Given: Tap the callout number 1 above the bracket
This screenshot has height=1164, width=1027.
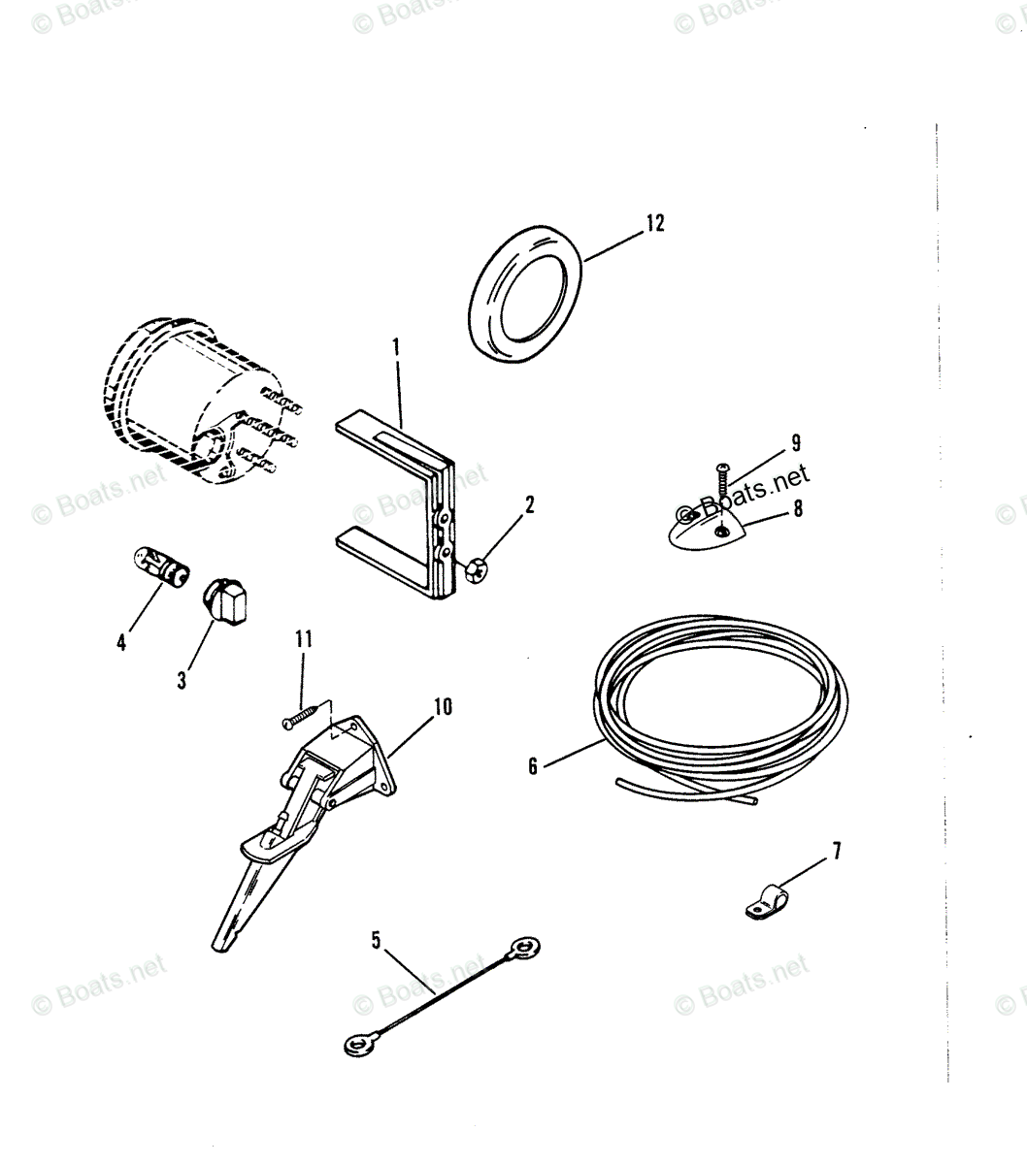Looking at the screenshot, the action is click(x=396, y=345).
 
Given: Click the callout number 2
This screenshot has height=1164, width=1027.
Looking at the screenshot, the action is click(x=529, y=504).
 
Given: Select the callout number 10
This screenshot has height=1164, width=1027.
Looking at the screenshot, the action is click(x=442, y=707).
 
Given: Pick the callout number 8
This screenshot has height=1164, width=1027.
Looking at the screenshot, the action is click(x=798, y=507).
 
